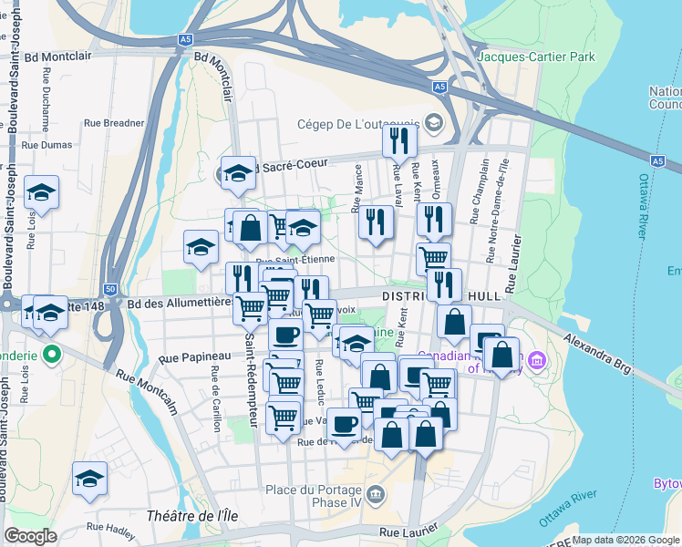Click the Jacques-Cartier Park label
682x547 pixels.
[x=537, y=57]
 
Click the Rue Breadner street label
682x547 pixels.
[x=114, y=122]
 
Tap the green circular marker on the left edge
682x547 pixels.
[x=53, y=353]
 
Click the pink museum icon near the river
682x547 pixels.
[x=535, y=365]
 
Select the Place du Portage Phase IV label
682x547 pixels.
[x=315, y=496]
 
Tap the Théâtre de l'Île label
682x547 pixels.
[x=192, y=516]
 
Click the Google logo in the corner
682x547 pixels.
[x=30, y=536]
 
